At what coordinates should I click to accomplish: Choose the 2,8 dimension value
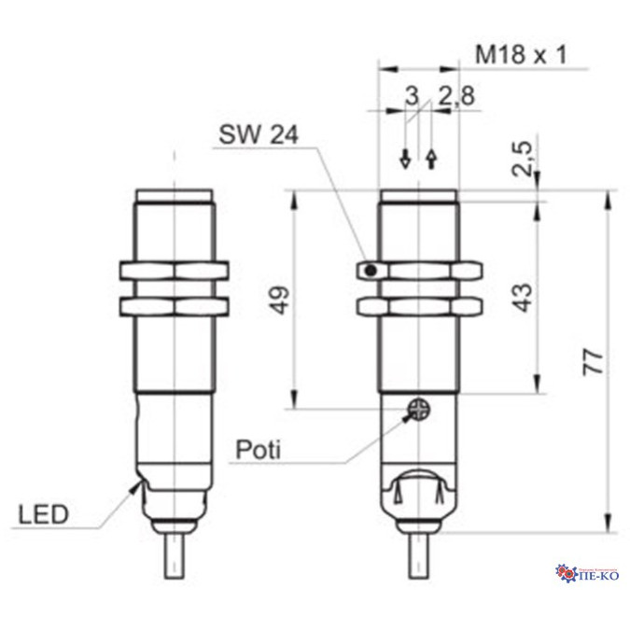click(456, 95)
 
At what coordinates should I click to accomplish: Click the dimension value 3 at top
click(412, 95)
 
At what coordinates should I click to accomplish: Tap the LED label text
click(43, 514)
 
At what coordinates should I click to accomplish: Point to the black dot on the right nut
click(371, 272)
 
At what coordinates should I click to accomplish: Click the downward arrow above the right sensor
click(405, 159)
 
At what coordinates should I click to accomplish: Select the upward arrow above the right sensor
click(431, 159)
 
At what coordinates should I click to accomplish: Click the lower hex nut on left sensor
click(175, 306)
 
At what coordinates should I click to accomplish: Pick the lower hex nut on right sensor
click(419, 306)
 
